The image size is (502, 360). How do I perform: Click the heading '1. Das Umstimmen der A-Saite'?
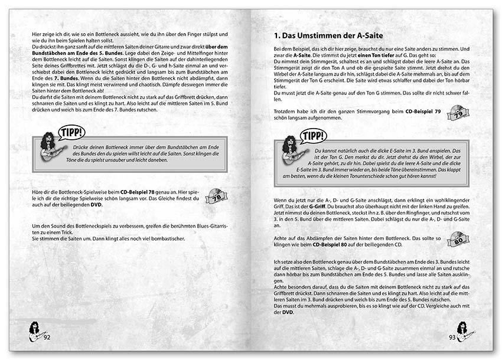tap(328, 36)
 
